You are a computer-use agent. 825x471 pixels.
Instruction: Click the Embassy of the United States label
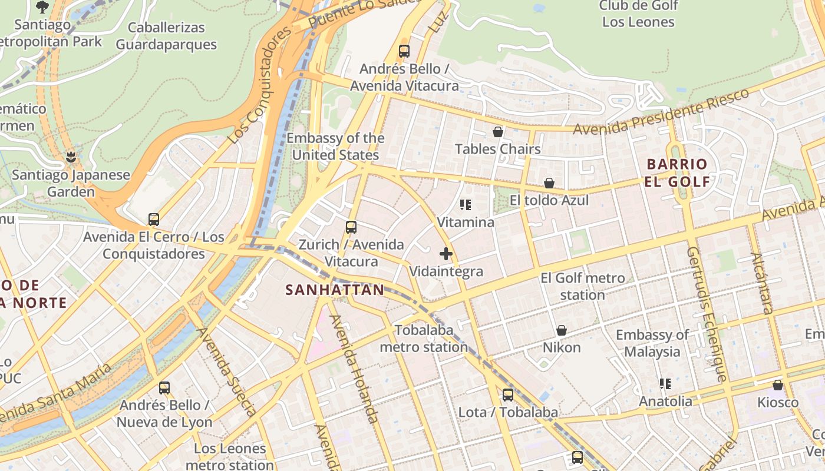coord(335,147)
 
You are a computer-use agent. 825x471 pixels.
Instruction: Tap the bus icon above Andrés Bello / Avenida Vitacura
coord(404,51)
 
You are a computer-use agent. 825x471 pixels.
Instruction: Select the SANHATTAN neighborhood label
coord(335,290)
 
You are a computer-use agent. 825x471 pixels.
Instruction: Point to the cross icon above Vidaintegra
coord(446,254)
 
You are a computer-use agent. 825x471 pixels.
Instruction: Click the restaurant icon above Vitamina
coord(466,205)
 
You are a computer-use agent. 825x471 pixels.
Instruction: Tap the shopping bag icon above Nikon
coord(562,330)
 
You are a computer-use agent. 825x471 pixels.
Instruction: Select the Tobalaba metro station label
coord(424,339)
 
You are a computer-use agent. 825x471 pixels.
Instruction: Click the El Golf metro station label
coord(582,286)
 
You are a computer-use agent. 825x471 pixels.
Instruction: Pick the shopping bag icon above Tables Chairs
coord(498,132)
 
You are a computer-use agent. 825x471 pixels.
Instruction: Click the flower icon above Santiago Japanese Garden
coord(71,157)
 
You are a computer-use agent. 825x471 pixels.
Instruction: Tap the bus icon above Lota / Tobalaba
coord(507,395)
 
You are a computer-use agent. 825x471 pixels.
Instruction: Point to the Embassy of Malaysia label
coord(652,343)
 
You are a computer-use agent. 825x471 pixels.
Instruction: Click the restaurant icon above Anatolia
coord(665,384)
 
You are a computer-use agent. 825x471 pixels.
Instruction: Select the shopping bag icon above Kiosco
coord(778,386)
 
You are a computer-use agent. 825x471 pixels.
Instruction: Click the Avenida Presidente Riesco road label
coord(661,111)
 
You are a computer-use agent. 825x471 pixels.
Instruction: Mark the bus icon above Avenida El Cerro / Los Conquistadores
coord(154,220)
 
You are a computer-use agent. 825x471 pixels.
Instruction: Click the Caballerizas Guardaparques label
coord(166,36)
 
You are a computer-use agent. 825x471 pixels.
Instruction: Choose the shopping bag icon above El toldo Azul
coord(549,183)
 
